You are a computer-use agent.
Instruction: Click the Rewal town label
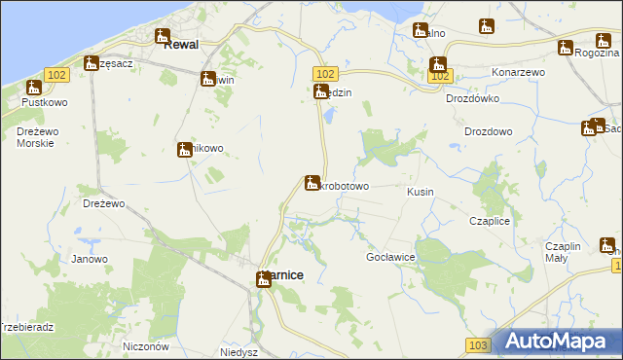point(181,44)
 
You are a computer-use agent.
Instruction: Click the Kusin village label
point(421,192)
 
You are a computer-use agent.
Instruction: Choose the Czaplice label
point(490,222)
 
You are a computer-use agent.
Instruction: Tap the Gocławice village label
point(391,256)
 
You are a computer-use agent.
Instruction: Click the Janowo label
point(90,259)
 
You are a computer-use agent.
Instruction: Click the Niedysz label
point(238,352)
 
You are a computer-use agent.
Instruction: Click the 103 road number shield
point(477,345)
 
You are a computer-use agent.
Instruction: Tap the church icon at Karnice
point(264,279)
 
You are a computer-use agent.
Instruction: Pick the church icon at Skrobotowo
point(311,182)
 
